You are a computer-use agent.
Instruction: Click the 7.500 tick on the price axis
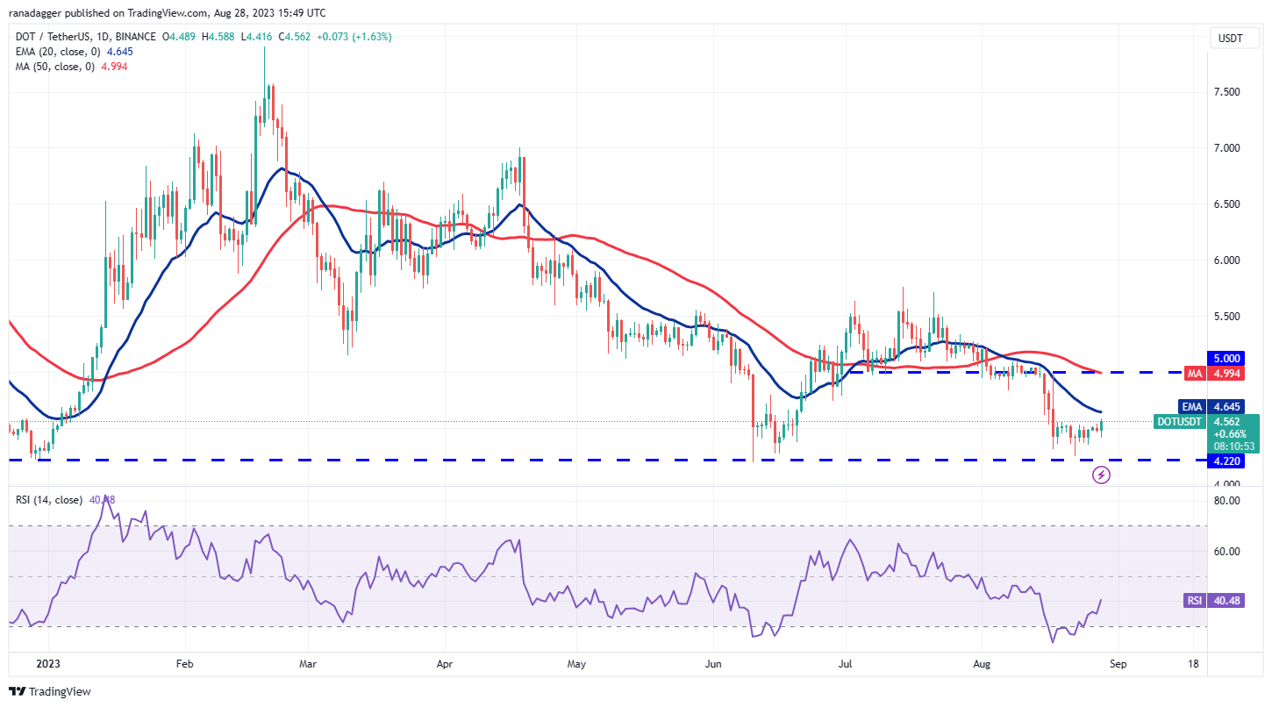coord(1226,92)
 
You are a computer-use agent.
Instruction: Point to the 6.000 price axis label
coord(1226,261)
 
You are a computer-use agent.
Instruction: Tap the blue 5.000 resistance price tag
coord(1226,359)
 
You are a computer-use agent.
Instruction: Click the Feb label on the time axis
coord(183,665)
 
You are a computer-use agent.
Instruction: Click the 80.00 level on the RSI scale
coord(1226,501)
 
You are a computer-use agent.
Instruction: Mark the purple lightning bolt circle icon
coord(1102,475)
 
